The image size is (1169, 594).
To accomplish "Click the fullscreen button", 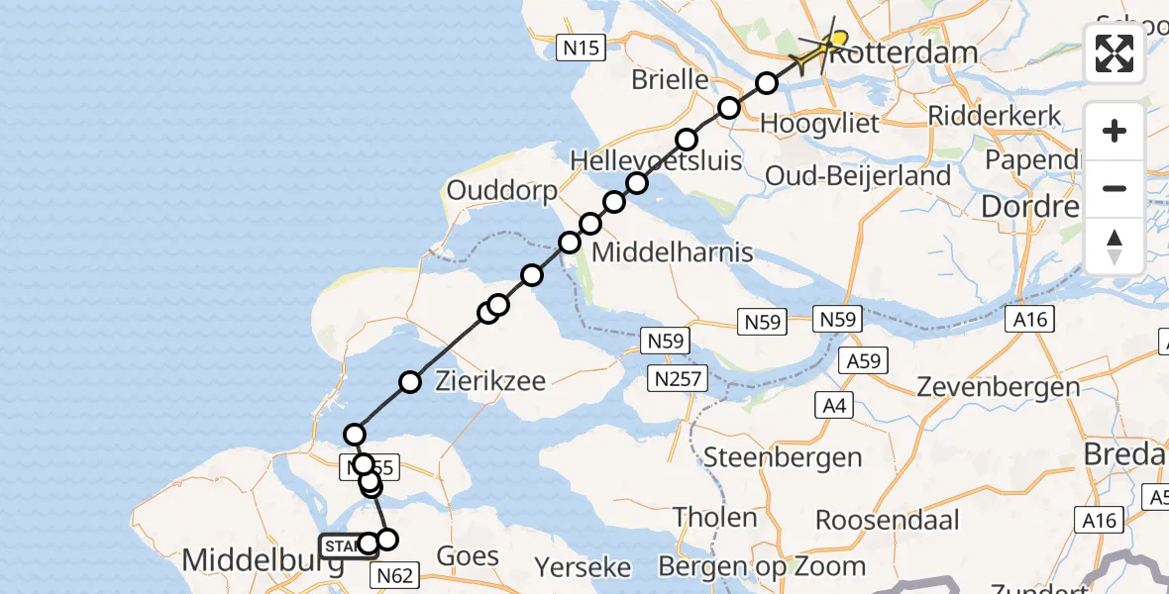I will coord(1115,53).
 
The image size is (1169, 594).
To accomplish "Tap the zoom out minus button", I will coord(1115,188).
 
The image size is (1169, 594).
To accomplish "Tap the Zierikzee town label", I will coord(490,380).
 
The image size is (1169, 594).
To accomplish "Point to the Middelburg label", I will coord(263,562).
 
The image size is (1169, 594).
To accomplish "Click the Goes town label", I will coord(467,555).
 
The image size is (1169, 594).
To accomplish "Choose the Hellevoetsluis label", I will coord(656,159).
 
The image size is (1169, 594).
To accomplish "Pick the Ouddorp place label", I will coord(502,189).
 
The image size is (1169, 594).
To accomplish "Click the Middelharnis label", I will coord(672,251).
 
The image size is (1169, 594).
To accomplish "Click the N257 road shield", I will coord(679,378).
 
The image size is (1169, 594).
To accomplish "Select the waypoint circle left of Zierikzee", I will coord(410,382).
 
